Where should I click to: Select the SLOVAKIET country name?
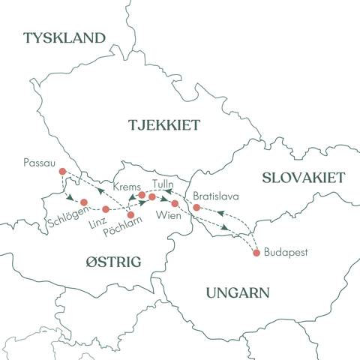point(302,178)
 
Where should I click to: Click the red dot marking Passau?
point(62,171)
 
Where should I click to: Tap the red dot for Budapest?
point(257,253)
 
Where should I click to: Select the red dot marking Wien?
point(175,203)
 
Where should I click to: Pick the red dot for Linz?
point(106,208)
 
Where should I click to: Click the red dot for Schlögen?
point(84,202)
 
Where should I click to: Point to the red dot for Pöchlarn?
point(131,215)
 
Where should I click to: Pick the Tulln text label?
point(163,183)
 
